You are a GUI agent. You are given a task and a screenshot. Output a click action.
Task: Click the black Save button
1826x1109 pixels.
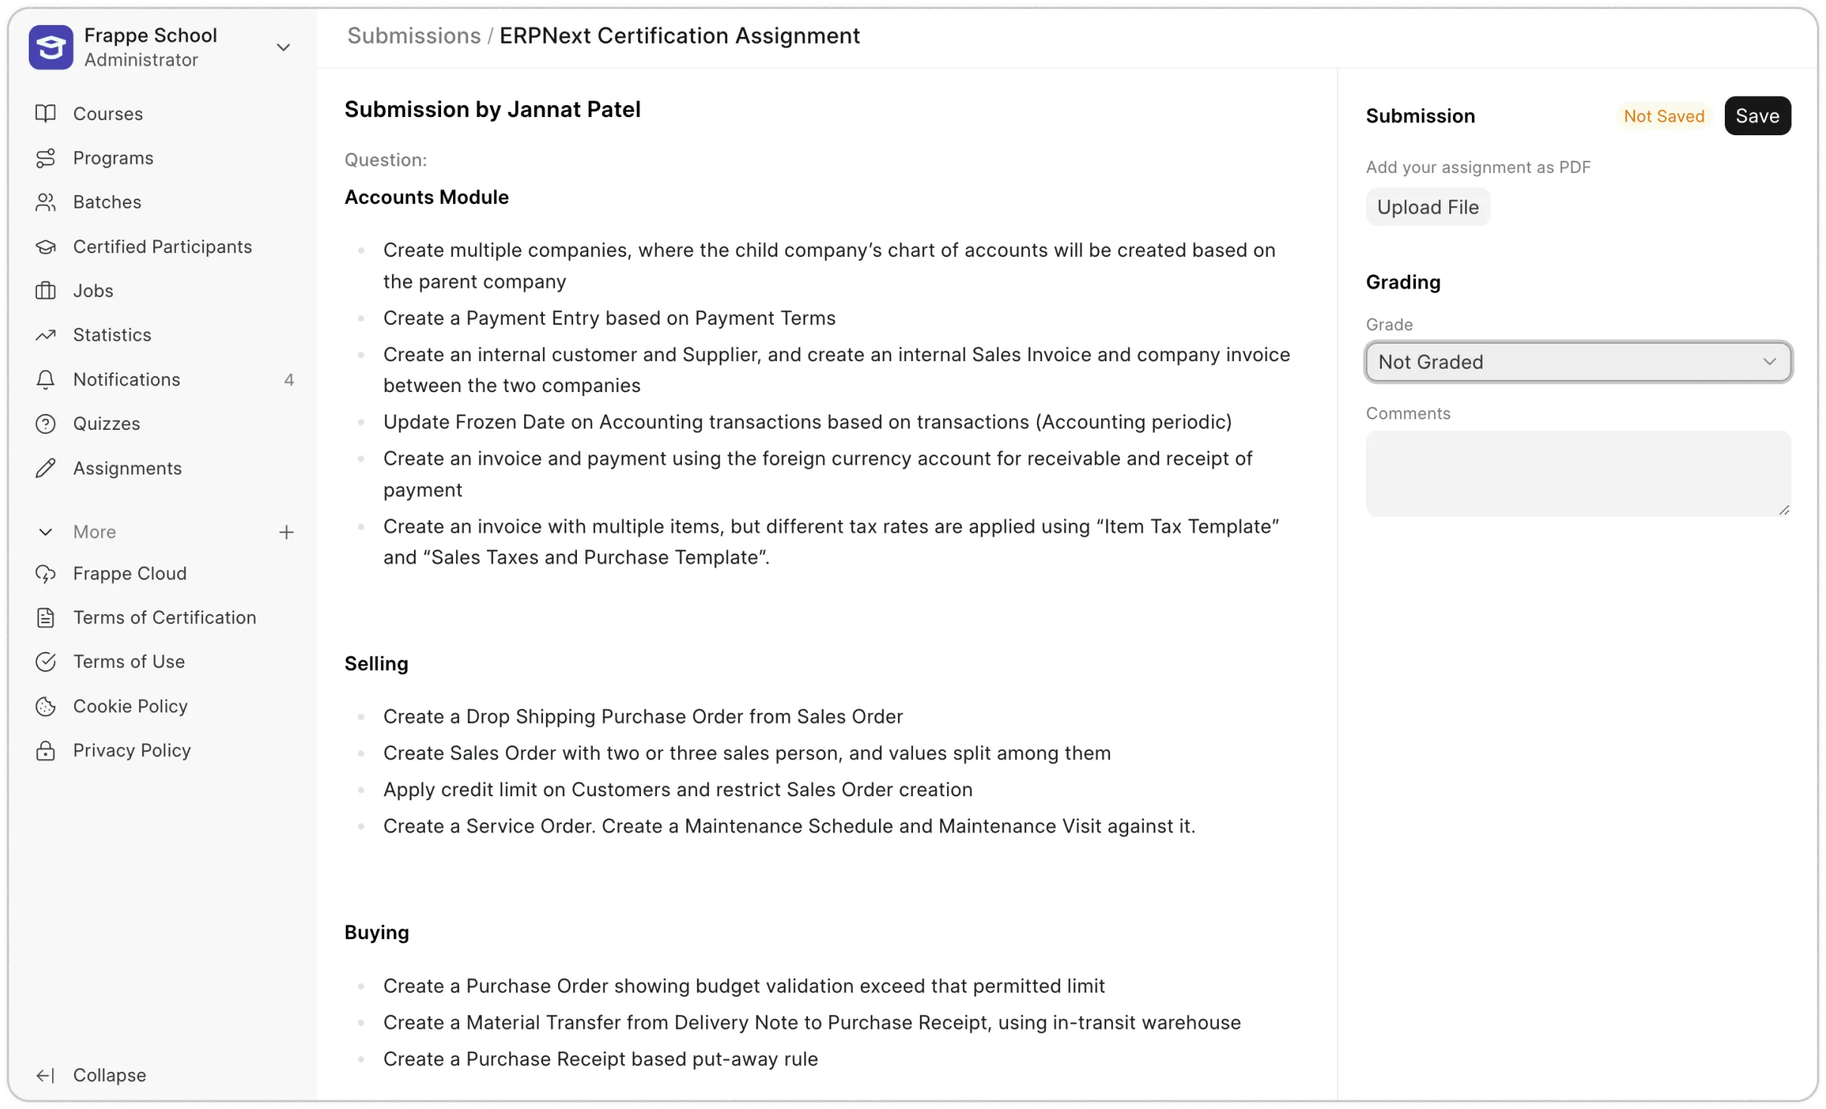[x=1757, y=116]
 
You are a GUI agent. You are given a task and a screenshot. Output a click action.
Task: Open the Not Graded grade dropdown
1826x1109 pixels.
[x=1578, y=362]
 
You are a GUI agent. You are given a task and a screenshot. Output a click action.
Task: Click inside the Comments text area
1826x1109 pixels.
[x=1578, y=474]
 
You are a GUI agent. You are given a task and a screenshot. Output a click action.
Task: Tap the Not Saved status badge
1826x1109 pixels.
[x=1664, y=116]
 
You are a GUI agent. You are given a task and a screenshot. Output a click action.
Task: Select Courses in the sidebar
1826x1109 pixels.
[x=107, y=113]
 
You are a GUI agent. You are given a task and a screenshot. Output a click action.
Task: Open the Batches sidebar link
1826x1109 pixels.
[x=106, y=202]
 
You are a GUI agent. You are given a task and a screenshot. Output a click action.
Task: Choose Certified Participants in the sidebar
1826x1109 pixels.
[x=162, y=246]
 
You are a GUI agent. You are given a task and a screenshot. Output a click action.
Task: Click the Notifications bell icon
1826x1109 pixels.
[x=45, y=379]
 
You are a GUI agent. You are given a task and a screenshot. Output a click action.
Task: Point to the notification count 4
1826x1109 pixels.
[x=288, y=379]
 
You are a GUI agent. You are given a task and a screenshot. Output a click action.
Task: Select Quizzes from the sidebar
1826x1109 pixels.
[x=106, y=424]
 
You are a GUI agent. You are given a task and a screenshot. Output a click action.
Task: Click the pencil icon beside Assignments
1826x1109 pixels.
[x=45, y=468]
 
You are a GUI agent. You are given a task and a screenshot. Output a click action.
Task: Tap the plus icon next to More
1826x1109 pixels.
[x=286, y=532]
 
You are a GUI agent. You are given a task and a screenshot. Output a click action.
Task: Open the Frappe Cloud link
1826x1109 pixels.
[x=129, y=573]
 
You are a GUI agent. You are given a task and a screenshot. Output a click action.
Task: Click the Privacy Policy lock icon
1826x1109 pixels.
[x=45, y=750]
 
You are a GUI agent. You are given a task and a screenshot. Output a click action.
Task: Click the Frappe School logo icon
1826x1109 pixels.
[x=51, y=47]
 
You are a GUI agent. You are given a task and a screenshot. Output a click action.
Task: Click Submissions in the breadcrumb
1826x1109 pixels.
[x=413, y=36]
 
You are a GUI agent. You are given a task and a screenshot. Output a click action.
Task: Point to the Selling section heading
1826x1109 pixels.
[x=376, y=663]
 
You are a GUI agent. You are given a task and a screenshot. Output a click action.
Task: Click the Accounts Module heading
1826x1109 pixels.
[x=426, y=197]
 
